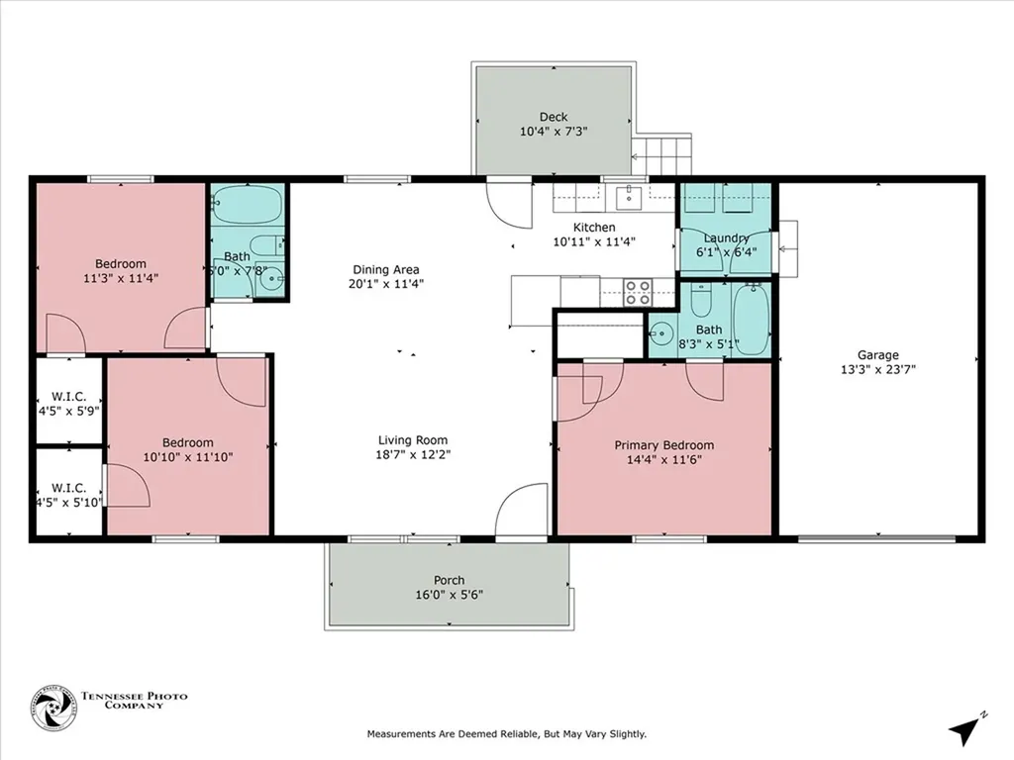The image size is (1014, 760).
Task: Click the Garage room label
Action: (x=877, y=355)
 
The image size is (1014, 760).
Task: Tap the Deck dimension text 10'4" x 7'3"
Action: (x=554, y=131)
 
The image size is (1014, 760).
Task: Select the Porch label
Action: (x=449, y=580)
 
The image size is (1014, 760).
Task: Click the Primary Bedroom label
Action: (x=663, y=445)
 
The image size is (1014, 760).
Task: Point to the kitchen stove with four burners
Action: (x=638, y=292)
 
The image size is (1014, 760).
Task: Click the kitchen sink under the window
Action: (x=628, y=198)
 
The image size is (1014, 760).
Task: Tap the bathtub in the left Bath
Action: (x=248, y=205)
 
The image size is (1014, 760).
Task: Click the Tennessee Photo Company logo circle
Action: (x=53, y=708)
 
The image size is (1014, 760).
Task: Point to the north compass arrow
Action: (x=964, y=729)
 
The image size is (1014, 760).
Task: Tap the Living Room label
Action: (x=413, y=440)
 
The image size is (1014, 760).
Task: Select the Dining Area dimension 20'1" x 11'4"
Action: (x=386, y=284)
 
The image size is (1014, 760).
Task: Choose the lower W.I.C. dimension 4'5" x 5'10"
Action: (x=69, y=503)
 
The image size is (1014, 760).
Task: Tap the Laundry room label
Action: (x=725, y=238)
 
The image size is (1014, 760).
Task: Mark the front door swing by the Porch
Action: (x=521, y=511)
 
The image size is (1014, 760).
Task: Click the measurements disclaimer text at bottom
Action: (x=507, y=734)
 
